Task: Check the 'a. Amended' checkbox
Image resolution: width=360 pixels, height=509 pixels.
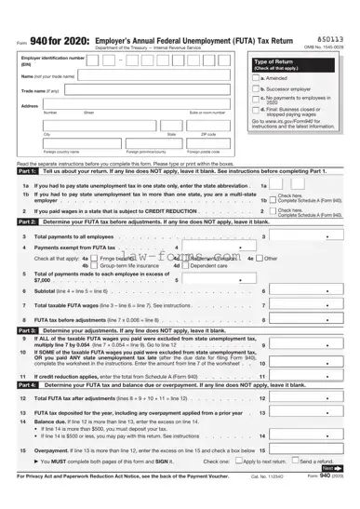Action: pyautogui.click(x=256, y=78)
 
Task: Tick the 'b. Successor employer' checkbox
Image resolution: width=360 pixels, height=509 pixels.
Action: pyautogui.click(x=256, y=89)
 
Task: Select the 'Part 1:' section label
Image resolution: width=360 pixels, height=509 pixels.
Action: pyautogui.click(x=27, y=171)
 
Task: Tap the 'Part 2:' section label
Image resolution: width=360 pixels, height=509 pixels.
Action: pyautogui.click(x=27, y=222)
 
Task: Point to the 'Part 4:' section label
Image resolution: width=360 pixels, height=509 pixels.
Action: pyautogui.click(x=27, y=383)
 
